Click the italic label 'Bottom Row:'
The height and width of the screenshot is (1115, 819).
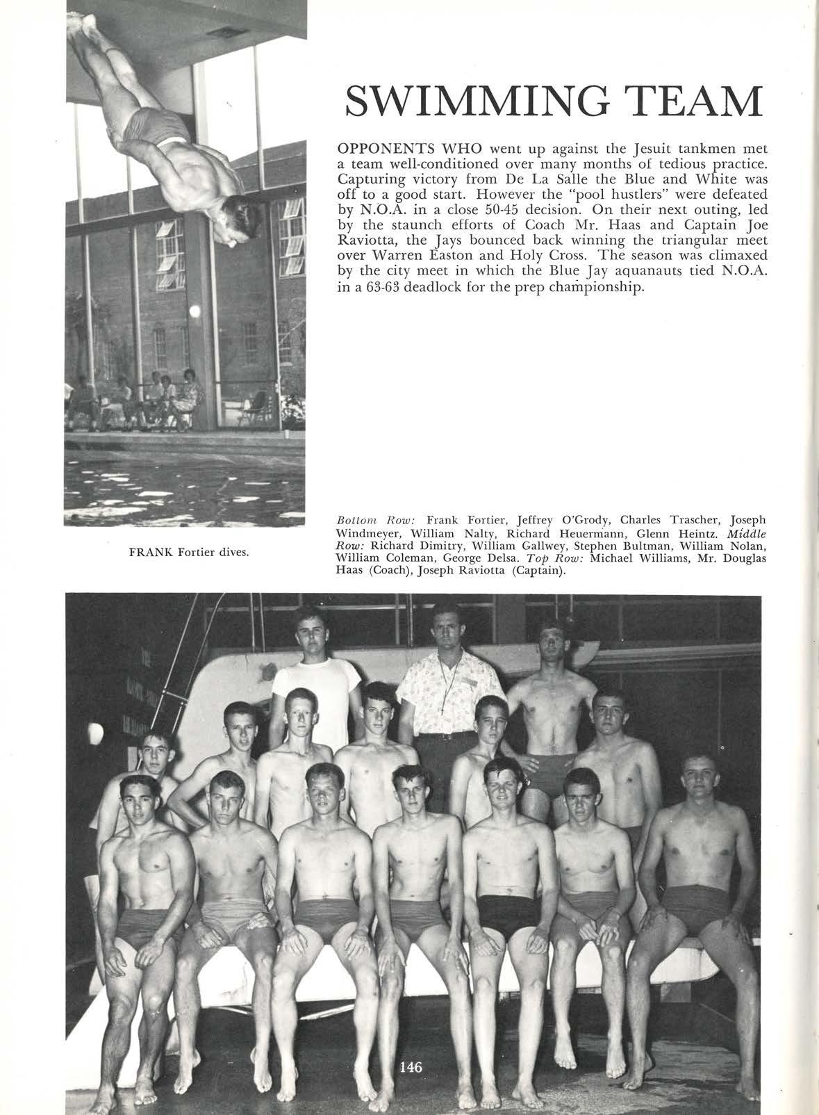(375, 520)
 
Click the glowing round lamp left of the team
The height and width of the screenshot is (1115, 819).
(95, 731)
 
